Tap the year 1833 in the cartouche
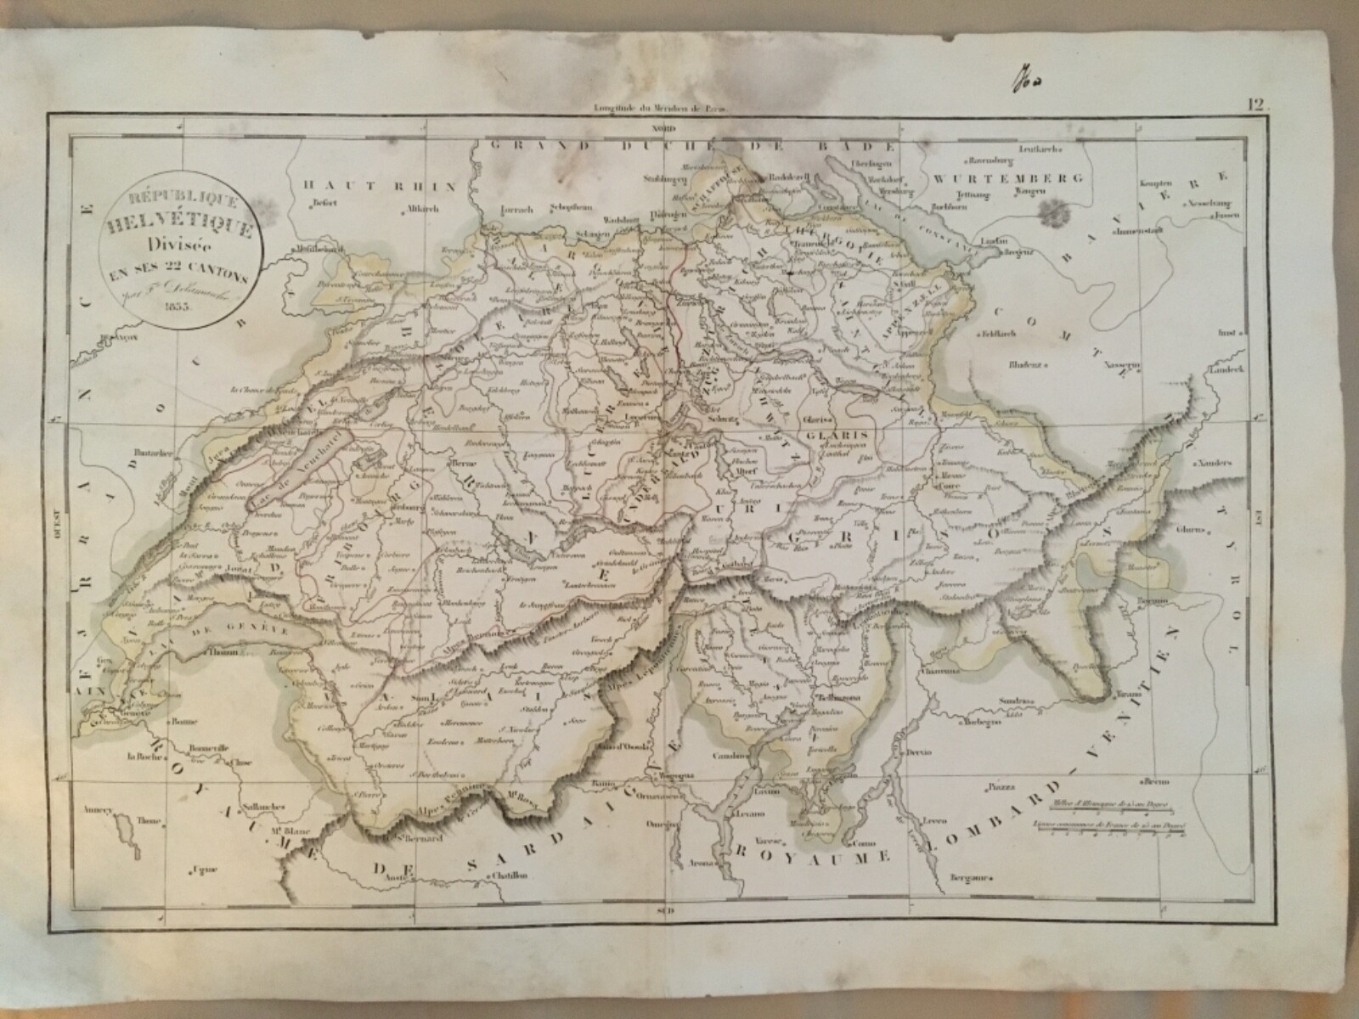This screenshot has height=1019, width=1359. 182,305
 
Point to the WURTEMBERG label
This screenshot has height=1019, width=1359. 1007,179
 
